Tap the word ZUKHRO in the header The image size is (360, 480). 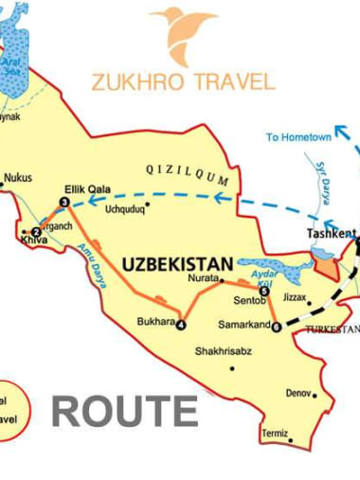click(132, 81)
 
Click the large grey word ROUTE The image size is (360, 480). click(124, 412)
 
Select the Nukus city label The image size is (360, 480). click(19, 177)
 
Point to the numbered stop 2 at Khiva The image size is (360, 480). click(36, 232)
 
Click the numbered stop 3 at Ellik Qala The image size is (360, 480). click(63, 203)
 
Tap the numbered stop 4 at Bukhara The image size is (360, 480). click(181, 326)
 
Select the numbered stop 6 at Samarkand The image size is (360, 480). click(276, 329)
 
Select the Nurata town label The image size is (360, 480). click(201, 279)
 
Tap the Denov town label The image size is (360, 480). click(298, 393)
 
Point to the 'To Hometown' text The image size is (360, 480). click(298, 137)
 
